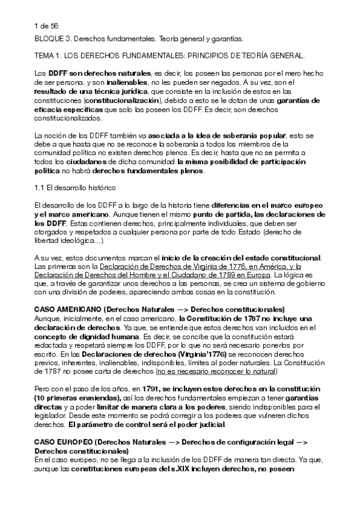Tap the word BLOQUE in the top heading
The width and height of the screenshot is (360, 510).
[x=50, y=39]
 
